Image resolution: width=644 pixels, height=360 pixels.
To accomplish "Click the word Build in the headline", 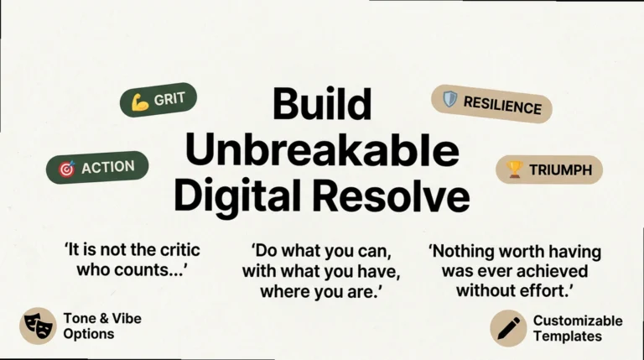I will [322, 105].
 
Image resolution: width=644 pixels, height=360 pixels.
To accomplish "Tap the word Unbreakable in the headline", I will [322, 151].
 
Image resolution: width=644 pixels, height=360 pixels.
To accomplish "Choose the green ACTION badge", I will [97, 168].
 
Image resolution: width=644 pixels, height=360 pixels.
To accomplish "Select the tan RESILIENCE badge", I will [491, 104].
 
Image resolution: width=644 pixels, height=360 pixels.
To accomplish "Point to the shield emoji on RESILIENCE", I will [450, 100].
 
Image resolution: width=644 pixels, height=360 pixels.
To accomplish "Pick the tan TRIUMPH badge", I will [549, 170].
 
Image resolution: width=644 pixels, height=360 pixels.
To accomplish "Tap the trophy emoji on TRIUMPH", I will [515, 170].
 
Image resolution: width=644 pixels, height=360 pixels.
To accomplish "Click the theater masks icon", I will [38, 326].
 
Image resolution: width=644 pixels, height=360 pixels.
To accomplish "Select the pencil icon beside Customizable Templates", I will [508, 327].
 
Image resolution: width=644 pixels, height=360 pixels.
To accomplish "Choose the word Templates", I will [568, 336].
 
